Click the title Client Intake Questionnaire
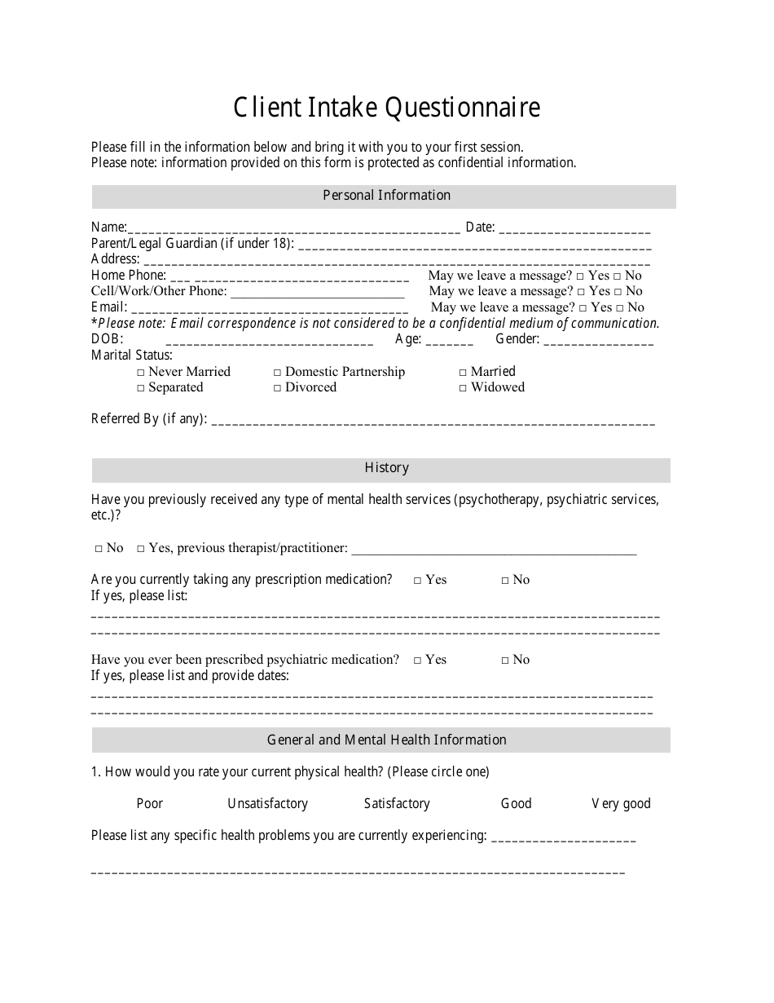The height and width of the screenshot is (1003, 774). [386, 108]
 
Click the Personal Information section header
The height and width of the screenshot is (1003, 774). [386, 196]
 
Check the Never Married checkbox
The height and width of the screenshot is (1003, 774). [142, 373]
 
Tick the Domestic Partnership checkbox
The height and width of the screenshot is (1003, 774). [278, 373]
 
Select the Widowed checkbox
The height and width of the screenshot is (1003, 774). [464, 388]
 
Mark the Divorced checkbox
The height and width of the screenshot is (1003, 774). [278, 388]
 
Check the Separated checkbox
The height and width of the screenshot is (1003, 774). [142, 388]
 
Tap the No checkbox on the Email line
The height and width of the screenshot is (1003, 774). [620, 308]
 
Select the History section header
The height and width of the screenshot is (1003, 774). [386, 468]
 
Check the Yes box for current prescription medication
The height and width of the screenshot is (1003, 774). [417, 581]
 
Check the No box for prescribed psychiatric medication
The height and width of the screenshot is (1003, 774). [505, 661]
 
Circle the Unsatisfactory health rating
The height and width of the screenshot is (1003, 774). [267, 804]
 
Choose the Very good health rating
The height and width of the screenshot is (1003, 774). [621, 804]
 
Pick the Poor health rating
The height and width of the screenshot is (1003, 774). [149, 804]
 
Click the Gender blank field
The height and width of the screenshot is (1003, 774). [598, 341]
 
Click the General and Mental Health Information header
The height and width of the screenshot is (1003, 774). [386, 740]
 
